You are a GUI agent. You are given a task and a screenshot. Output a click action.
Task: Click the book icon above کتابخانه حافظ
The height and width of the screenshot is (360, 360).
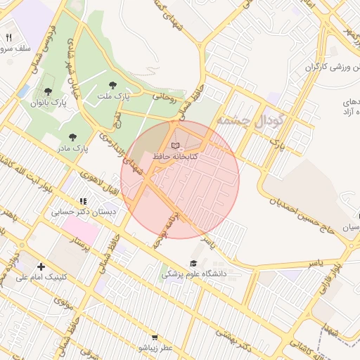pos(175,145)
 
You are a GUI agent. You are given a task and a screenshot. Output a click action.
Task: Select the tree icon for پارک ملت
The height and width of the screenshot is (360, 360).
pos(112,84)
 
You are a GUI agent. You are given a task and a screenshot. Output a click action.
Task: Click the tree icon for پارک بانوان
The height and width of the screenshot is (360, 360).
pos(48,91)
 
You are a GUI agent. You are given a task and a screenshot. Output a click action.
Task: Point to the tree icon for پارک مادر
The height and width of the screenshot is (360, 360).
pos(72,137)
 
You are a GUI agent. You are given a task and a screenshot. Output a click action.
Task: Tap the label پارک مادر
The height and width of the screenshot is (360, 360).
pos(72,148)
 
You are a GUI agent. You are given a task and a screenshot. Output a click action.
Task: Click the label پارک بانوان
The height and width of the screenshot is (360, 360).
pos(48,103)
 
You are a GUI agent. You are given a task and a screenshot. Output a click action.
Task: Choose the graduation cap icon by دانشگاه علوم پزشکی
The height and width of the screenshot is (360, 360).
pos(192,264)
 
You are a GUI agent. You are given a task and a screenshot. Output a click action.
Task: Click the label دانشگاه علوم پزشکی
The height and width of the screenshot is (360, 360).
pos(194,274)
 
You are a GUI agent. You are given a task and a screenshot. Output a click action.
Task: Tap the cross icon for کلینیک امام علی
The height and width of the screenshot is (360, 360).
pos(41,266)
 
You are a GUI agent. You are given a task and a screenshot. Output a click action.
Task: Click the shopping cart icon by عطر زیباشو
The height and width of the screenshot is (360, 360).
pos(155,337)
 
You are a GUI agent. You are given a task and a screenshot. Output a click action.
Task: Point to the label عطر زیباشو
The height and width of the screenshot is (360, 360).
pos(155,348)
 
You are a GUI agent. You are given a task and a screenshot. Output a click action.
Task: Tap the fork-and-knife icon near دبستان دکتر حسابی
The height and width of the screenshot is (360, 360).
pos(83,201)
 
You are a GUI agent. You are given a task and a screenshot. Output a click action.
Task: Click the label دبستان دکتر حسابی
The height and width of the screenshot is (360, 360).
pos(84,211)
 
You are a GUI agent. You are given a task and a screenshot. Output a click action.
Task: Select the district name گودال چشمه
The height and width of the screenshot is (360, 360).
pos(250,120)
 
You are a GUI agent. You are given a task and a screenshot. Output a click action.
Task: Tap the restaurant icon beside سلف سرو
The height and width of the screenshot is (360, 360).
pos(9,37)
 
